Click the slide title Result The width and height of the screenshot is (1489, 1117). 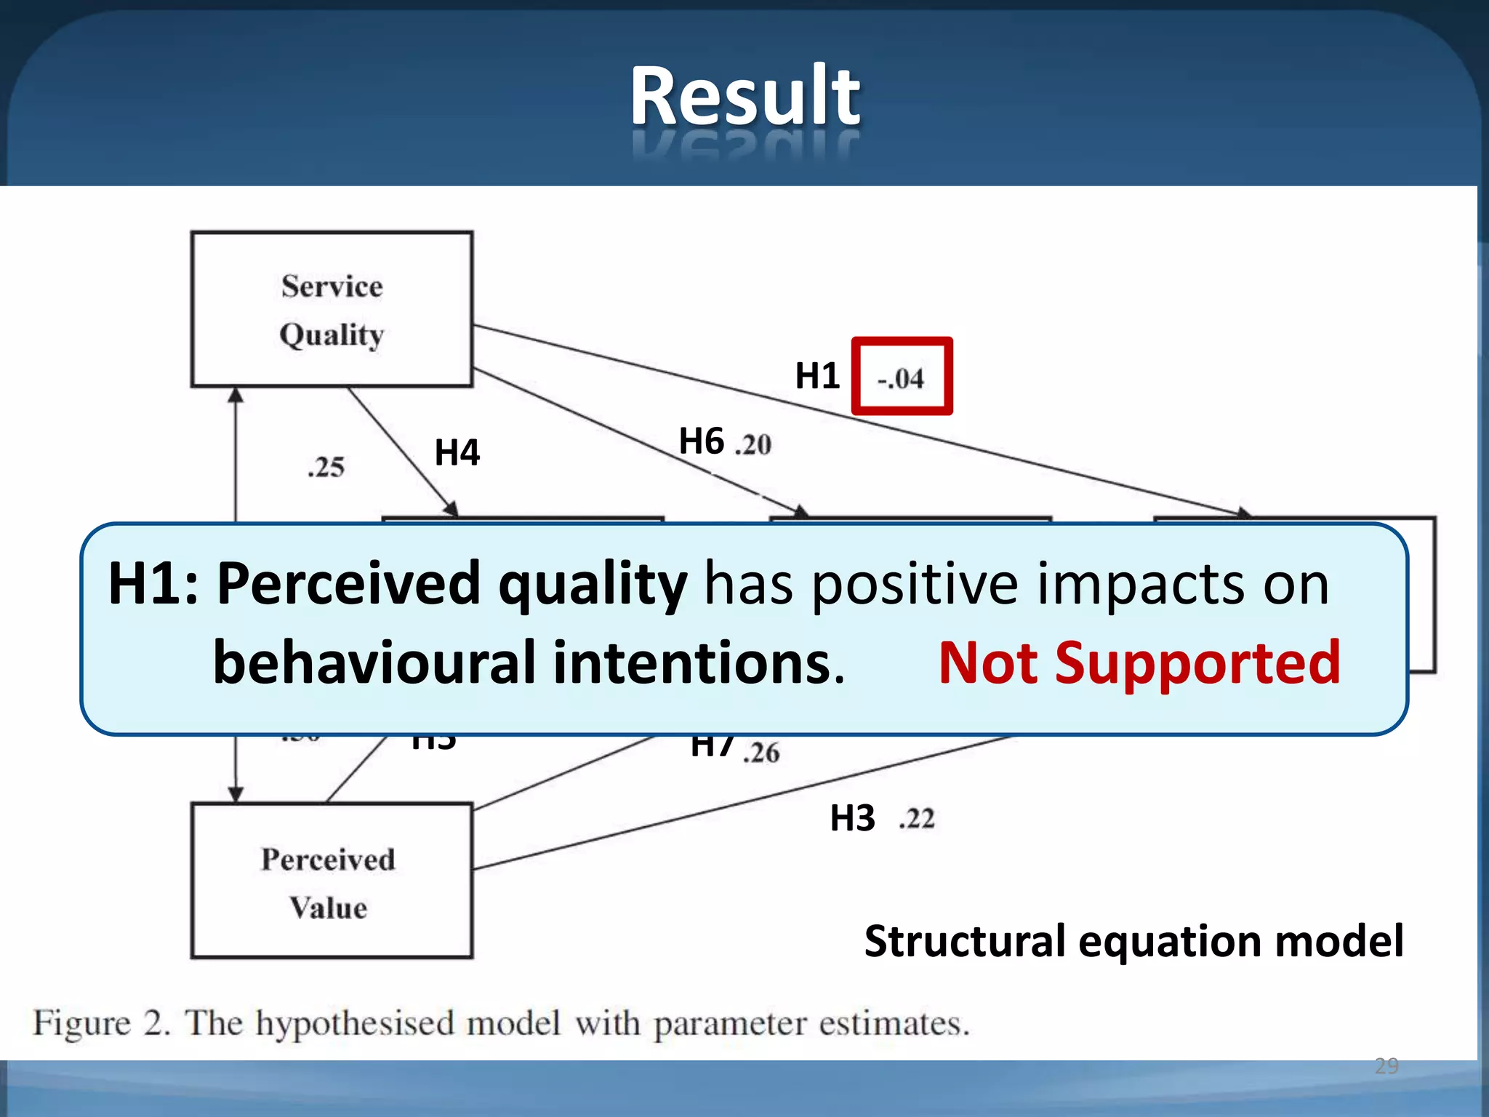click(x=744, y=96)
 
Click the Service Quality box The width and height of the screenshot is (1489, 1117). click(x=332, y=310)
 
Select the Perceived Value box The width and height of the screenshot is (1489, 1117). click(x=332, y=881)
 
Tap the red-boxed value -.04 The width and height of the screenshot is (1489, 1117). click(x=901, y=378)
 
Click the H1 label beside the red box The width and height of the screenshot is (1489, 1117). click(x=817, y=376)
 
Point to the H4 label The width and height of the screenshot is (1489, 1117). click(x=457, y=452)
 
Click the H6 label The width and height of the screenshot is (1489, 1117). click(x=701, y=441)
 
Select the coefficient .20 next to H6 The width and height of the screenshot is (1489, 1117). click(x=753, y=444)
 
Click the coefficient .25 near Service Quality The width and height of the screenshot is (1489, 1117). click(x=326, y=467)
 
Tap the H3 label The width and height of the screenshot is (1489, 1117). click(x=852, y=818)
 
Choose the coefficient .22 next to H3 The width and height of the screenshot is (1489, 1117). click(x=917, y=819)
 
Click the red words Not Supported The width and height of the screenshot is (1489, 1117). click(x=1139, y=663)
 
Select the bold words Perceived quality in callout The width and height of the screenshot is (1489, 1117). click(x=451, y=584)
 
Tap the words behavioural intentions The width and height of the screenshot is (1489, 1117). click(x=528, y=663)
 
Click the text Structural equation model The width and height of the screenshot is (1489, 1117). click(x=1133, y=941)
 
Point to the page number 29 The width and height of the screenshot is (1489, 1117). click(x=1386, y=1066)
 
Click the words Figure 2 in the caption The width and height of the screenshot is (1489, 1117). click(x=102, y=1023)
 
